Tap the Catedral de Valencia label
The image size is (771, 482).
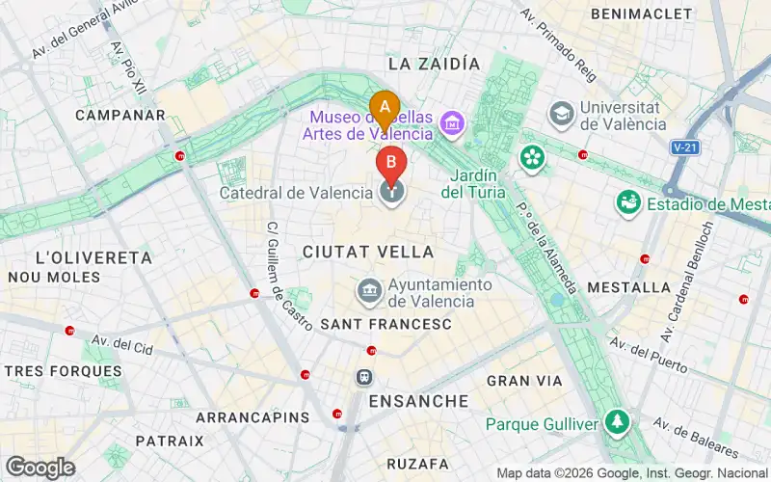pyautogui.click(x=296, y=193)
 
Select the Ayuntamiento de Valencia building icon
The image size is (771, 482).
pyautogui.click(x=368, y=290)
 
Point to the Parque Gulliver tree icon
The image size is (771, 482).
pyautogui.click(x=617, y=423)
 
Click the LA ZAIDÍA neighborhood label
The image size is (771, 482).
pyautogui.click(x=433, y=64)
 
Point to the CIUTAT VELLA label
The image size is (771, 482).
pyautogui.click(x=367, y=251)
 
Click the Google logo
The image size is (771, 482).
pyautogui.click(x=40, y=468)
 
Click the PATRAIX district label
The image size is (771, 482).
pyautogui.click(x=170, y=441)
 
